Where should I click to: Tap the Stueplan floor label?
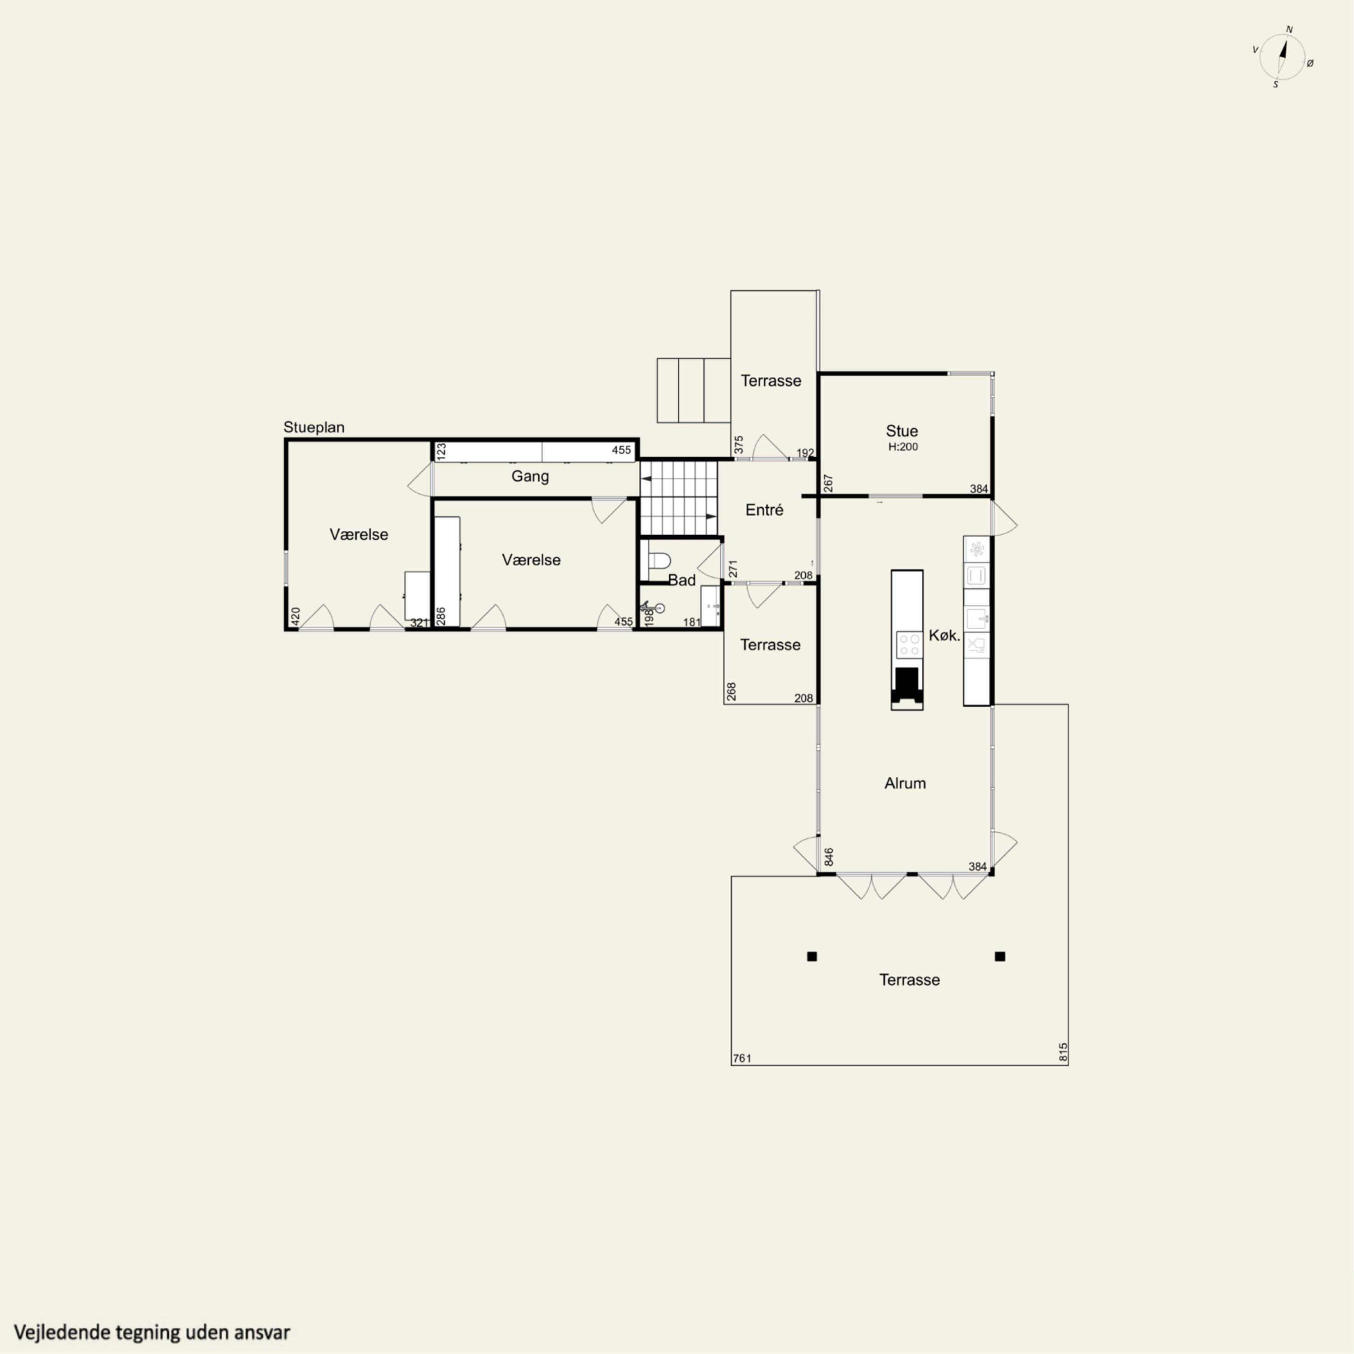point(313,427)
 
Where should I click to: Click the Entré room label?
point(764,510)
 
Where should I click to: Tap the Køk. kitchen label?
point(944,635)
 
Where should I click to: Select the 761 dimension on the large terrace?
point(742,1058)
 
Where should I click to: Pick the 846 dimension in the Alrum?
point(829,857)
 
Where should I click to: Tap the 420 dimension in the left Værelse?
point(296,617)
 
